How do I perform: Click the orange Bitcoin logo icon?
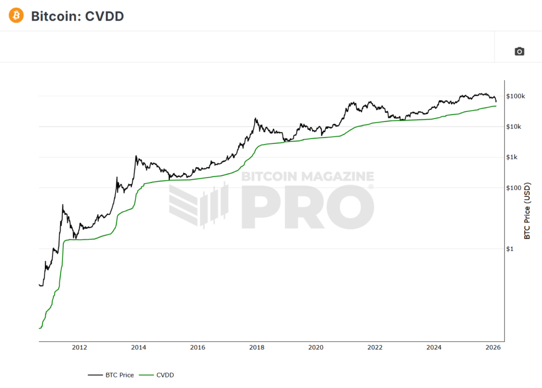(x=16, y=15)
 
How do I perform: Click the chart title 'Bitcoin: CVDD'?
(x=77, y=16)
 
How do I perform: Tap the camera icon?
(x=519, y=51)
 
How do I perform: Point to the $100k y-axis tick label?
(x=516, y=96)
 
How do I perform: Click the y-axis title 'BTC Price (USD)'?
(x=527, y=211)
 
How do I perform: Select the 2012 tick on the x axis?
(x=79, y=347)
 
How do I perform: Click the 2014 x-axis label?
(x=139, y=347)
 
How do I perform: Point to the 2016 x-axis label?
(x=197, y=347)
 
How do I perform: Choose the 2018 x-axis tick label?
(x=257, y=347)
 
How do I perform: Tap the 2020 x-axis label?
(x=315, y=347)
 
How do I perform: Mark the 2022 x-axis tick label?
(x=375, y=347)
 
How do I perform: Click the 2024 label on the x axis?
(x=434, y=347)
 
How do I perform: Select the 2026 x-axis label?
(x=493, y=347)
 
